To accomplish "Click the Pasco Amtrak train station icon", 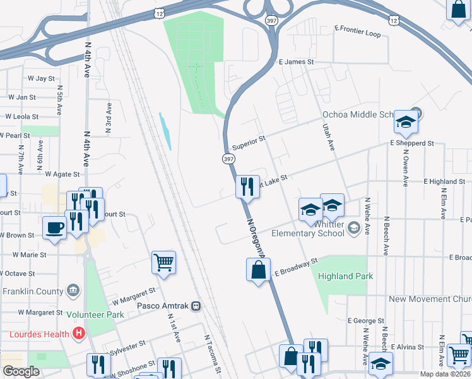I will click(196, 306).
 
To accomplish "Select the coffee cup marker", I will click(54, 227).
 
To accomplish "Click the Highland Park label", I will click(345, 276).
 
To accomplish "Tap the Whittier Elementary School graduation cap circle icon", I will click(354, 227).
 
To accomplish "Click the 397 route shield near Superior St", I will click(227, 159).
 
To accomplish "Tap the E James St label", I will click(296, 62).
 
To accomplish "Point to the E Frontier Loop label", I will click(358, 32).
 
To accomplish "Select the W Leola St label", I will click(22, 117).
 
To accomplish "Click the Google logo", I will click(21, 371).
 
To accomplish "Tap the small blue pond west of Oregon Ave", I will click(165, 131).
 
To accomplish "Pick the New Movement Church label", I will click(430, 299).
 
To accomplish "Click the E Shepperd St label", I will click(411, 143).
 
